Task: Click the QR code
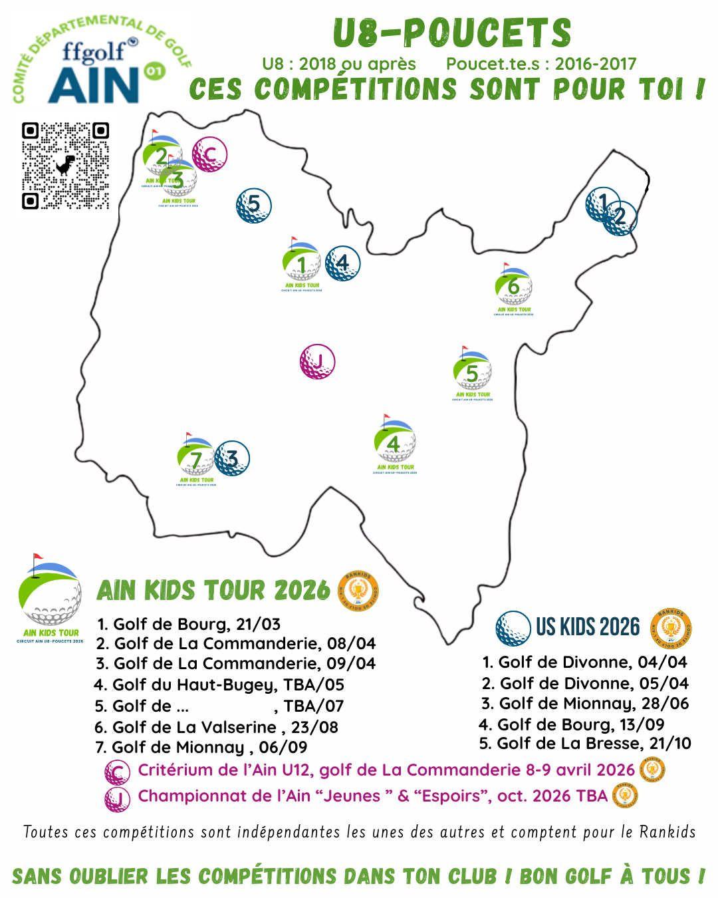coord(65,165)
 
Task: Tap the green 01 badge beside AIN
coord(154,71)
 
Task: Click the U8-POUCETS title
coord(452,33)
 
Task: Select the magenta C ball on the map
coord(209,155)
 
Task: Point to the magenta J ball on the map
coord(317,362)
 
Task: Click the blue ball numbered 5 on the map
coord(253,205)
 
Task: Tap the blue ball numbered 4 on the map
coord(342,263)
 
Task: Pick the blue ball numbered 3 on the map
coord(232,458)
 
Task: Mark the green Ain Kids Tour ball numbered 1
coord(301,263)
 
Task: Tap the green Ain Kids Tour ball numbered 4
coord(394,442)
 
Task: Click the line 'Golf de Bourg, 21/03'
coord(189,624)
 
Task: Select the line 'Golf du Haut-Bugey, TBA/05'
coord(219,684)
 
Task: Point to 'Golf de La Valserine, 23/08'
coord(217,727)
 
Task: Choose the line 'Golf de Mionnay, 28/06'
coord(585,703)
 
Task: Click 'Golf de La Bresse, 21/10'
coord(585,743)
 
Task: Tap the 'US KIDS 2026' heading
coord(588,627)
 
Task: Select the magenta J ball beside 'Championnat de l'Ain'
coord(117,798)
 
